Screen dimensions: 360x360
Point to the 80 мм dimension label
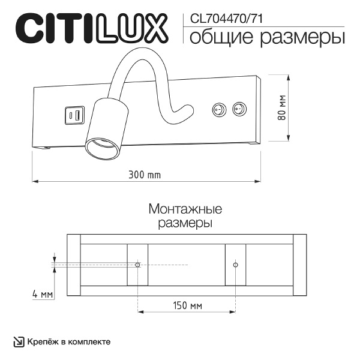(x=282, y=108)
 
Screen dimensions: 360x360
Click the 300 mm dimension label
(x=145, y=175)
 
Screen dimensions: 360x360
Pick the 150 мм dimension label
(x=187, y=305)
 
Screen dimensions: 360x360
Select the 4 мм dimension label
(x=43, y=295)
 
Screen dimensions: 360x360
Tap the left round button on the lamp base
(x=218, y=110)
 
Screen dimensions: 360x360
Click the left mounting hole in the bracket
(x=138, y=265)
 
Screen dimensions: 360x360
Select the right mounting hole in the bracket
(x=235, y=265)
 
